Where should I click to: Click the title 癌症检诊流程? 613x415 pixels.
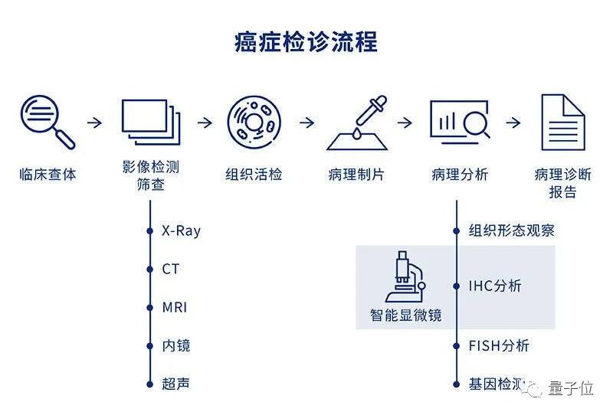pos(306,42)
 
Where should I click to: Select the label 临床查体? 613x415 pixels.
pos(48,174)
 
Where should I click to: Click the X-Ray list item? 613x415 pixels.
pos(182,230)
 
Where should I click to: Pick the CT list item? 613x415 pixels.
pos(170,269)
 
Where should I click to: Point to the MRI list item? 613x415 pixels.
pos(174,307)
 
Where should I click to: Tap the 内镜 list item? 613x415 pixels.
pos(175,345)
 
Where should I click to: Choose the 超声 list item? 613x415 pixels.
pos(175,384)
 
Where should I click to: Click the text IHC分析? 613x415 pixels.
pos(495,286)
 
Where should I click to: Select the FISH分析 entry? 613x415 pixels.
pos(499,345)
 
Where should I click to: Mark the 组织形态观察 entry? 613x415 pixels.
pos(511,230)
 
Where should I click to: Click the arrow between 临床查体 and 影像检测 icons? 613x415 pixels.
pos(95,123)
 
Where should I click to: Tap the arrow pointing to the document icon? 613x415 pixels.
pos(513,123)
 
